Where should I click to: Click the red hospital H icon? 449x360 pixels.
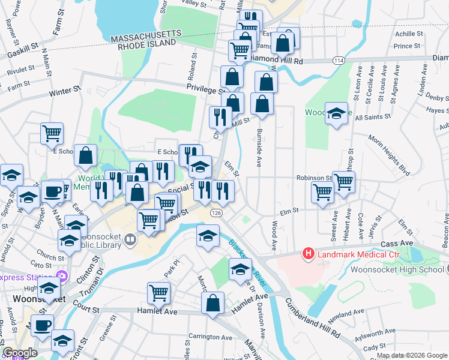coord(309,254)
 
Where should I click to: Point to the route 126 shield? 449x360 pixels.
coord(215,213)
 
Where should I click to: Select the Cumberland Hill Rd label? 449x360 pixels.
coord(312,318)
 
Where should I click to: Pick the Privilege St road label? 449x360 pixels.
coord(206,88)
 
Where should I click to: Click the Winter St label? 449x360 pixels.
coord(65,92)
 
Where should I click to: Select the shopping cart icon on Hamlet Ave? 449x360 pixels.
coord(159,292)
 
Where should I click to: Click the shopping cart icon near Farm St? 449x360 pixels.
coord(52,133)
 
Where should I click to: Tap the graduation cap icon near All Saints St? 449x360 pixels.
coord(337,112)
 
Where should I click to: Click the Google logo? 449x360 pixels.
coord(20,353)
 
